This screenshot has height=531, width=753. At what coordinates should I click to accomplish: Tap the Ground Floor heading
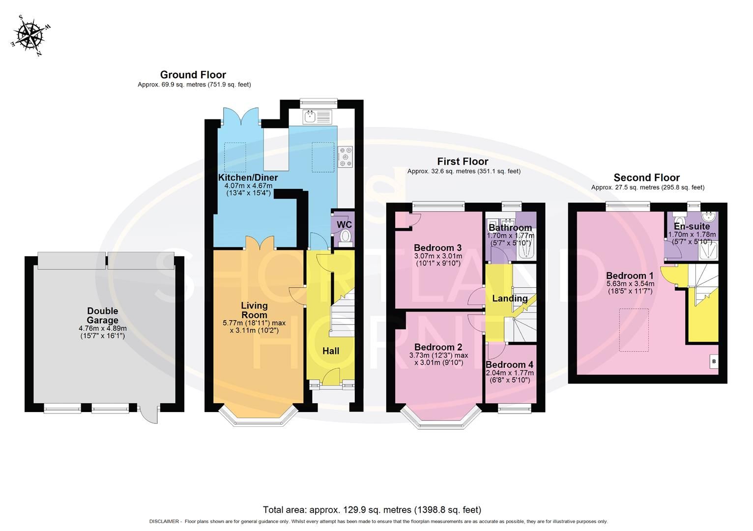click(x=193, y=75)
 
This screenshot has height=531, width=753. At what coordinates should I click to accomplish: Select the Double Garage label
click(x=102, y=316)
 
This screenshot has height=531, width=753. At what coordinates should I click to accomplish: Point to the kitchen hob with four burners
click(x=345, y=157)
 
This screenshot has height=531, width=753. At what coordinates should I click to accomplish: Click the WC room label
click(x=344, y=225)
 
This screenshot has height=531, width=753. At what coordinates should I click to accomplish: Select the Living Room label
click(x=254, y=310)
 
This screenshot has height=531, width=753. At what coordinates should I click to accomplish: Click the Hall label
click(x=331, y=351)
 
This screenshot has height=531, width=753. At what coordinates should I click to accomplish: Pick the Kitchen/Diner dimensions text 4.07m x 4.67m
click(x=248, y=186)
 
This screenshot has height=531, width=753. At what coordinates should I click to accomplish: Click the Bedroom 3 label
click(x=437, y=247)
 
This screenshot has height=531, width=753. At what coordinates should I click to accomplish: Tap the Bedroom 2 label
click(x=438, y=347)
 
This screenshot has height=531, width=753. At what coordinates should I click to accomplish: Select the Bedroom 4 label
click(x=509, y=365)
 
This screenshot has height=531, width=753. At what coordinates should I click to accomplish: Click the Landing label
click(x=510, y=298)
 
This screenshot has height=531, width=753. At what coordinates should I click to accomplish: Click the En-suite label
click(x=692, y=226)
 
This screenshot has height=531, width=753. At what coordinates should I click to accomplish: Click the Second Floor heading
click(x=646, y=177)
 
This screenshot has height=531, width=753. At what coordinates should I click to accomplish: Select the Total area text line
click(x=372, y=510)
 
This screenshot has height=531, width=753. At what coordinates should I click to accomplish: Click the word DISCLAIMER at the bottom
click(x=164, y=522)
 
